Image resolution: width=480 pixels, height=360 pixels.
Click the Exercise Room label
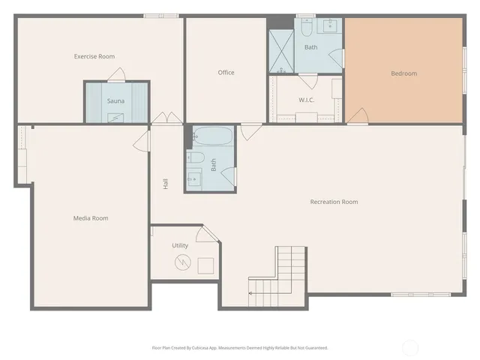tap(94, 56)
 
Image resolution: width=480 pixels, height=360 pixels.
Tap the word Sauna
tap(115, 100)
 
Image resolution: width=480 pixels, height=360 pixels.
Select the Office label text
tap(226, 73)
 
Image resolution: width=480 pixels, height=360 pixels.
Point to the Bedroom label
tap(403, 73)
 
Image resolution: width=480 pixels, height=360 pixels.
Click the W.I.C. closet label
tap(306, 100)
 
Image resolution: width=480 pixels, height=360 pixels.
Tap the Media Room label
tap(90, 218)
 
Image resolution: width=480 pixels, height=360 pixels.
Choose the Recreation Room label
tap(334, 202)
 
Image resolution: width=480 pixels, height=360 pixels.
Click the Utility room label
tap(180, 245)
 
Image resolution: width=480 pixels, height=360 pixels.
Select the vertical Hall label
tap(164, 182)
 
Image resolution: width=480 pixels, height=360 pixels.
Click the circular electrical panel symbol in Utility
tap(182, 262)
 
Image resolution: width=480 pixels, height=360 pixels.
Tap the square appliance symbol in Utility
tap(205, 265)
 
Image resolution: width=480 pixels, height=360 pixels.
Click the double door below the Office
tap(166, 119)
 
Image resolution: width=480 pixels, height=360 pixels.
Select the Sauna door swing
tap(115, 74)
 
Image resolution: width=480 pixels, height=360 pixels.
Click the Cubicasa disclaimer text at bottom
tap(240, 347)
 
